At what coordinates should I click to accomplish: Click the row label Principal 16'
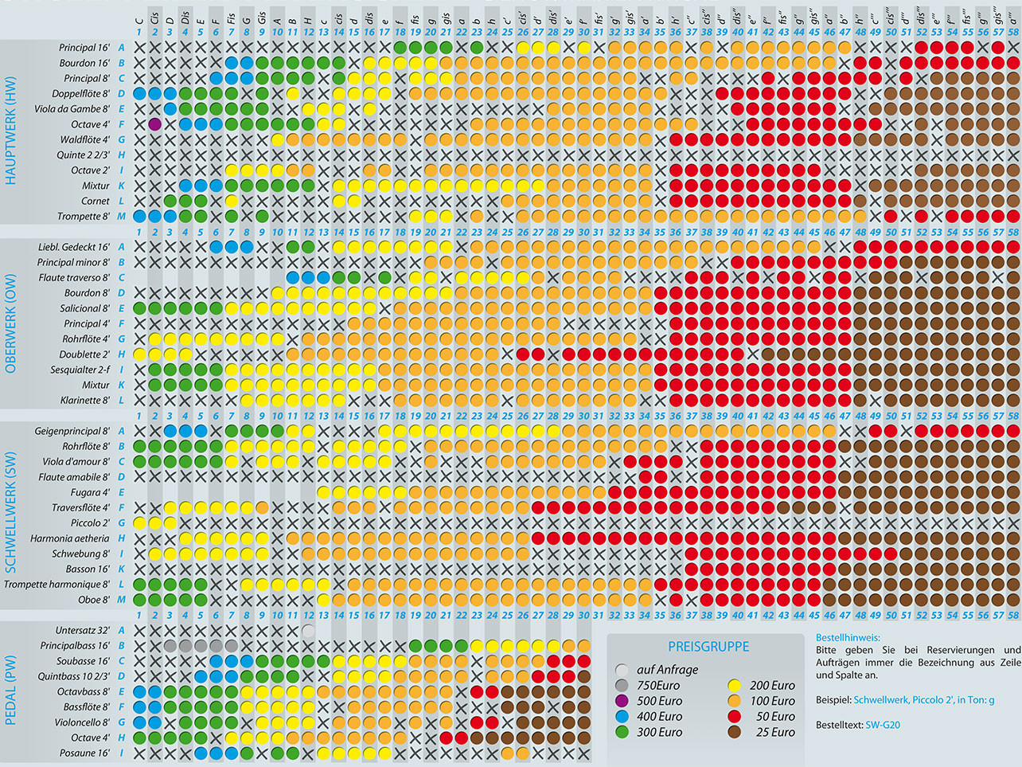[x=84, y=48]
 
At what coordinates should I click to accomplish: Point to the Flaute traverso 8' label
[x=74, y=278]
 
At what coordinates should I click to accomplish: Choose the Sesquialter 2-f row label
[x=80, y=370]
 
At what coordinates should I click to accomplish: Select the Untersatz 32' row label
[x=82, y=631]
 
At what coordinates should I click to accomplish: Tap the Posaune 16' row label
[x=84, y=753]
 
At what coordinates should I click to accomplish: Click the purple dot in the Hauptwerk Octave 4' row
[x=154, y=124]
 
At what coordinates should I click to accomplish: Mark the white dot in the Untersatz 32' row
[x=308, y=631]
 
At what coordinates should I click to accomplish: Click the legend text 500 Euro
[x=659, y=701]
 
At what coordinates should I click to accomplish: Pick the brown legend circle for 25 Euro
[x=735, y=732]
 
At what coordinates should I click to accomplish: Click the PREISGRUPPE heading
[x=708, y=647]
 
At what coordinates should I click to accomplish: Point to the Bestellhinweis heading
[x=848, y=637]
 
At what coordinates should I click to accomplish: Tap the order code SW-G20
[x=883, y=725]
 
